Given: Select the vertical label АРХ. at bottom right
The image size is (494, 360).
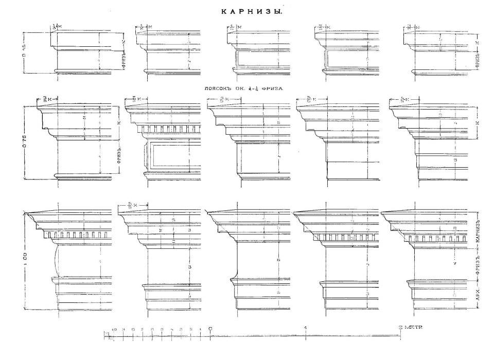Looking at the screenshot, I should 478,297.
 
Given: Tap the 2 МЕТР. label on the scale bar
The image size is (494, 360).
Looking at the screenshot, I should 411,328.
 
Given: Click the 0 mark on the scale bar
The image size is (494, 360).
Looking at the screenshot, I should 210,328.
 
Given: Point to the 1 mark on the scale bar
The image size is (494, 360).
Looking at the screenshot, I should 306,328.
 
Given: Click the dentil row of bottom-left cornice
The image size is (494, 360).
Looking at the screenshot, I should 77,236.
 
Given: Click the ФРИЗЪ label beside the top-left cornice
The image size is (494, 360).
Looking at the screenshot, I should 124,60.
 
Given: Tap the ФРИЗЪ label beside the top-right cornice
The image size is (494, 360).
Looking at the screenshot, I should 478,60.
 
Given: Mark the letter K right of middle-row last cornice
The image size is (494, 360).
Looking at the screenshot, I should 478,123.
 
